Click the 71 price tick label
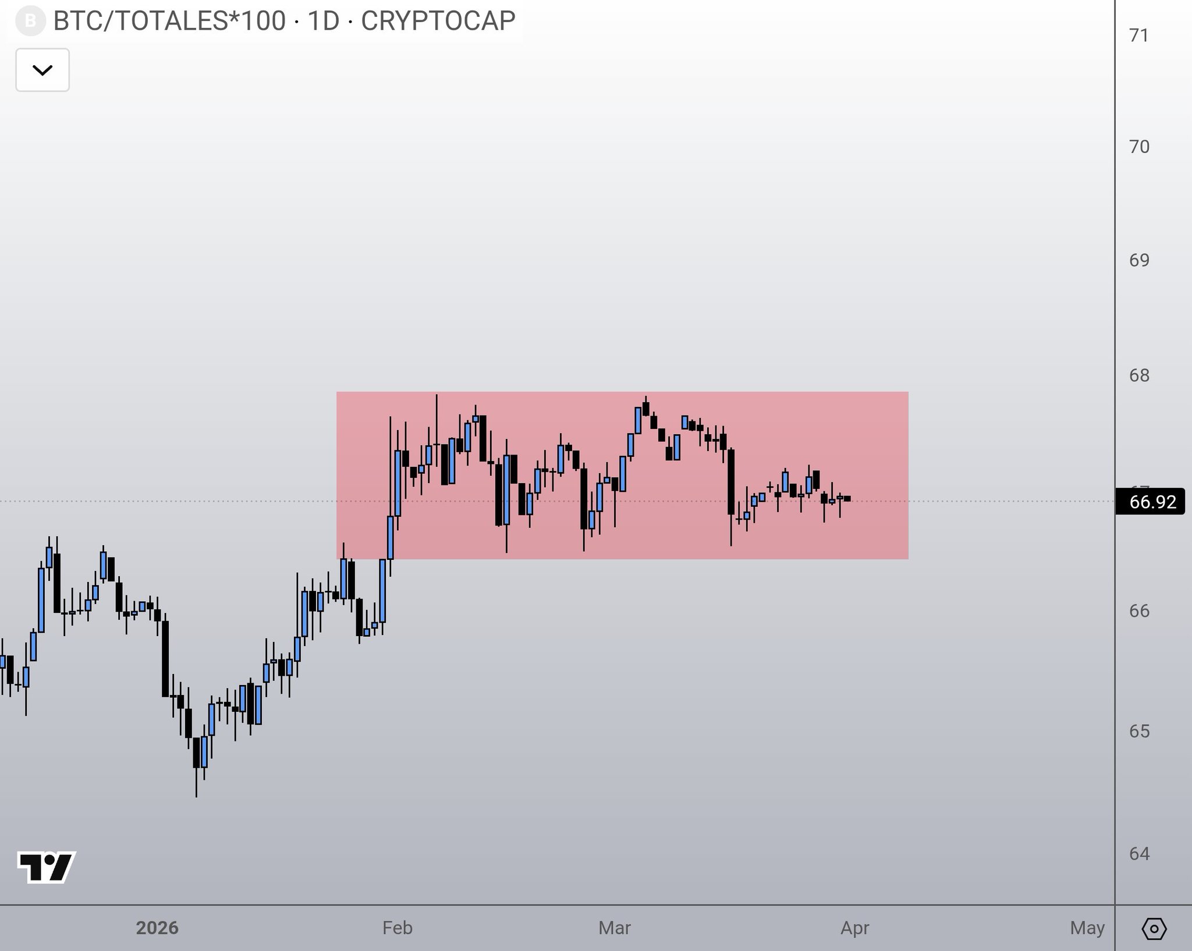[x=1139, y=36]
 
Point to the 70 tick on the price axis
[x=1139, y=147]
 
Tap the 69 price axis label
[x=1139, y=260]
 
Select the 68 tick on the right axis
[x=1139, y=375]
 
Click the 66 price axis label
[x=1139, y=611]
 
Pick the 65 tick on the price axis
[x=1139, y=731]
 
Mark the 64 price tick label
[x=1139, y=854]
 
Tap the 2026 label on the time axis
[x=157, y=928]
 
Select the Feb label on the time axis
[x=398, y=928]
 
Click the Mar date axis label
[x=615, y=928]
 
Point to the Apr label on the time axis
[x=854, y=928]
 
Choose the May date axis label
[x=1087, y=928]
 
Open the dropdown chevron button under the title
[x=42, y=70]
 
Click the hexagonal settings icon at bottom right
[x=1154, y=928]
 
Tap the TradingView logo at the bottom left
[x=47, y=868]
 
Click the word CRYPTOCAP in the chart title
[x=438, y=21]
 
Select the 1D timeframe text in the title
[x=323, y=21]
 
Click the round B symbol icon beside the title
[x=30, y=22]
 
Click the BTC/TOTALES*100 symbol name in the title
[x=169, y=21]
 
